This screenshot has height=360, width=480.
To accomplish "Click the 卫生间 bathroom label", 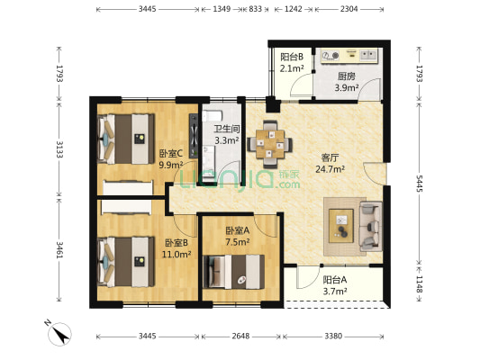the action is pos(227,129).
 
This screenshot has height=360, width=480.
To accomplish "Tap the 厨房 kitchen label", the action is pos(346,76).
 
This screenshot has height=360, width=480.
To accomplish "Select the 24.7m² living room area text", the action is pos(330,169).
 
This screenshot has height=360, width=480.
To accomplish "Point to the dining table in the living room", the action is pos(270,144).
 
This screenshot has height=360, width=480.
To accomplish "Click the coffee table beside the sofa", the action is pos(341,226).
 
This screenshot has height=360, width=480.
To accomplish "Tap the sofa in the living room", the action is pos(371,226).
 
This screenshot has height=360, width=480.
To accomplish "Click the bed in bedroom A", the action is pos(233,272).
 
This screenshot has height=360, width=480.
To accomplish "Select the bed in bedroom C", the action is pos(125,139).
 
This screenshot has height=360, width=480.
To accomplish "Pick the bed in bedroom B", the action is pos(125,262).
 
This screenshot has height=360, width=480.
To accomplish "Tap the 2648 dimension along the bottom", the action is pos(240,336).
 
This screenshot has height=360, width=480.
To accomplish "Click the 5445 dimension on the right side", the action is pos(419,184).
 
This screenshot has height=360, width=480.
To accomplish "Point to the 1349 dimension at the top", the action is pos(222,9).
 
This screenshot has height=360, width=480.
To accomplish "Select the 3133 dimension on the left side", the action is pos(59,149).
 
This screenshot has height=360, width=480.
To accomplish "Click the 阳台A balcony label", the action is pos(335,280).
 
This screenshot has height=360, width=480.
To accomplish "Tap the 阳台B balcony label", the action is pos(292,57).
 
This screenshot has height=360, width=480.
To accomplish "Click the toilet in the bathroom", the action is pos(212,116).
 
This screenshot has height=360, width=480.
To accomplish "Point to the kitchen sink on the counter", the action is pos(368,55).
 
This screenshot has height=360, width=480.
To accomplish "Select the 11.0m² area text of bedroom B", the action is pos(177,254).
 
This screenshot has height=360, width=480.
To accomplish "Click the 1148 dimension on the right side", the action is pos(419,284).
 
